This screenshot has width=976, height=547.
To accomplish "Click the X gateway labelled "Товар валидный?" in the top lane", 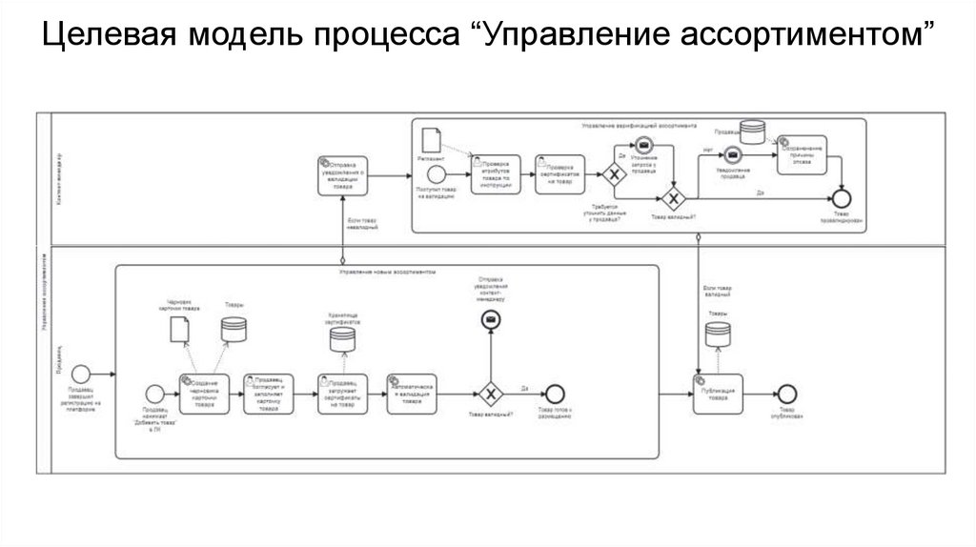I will pos(675,198).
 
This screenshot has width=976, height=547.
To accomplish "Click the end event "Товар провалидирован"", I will pos(841,198).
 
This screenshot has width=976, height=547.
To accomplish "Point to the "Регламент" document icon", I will pos(430,139).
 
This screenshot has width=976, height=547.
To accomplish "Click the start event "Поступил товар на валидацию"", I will pos(437,175).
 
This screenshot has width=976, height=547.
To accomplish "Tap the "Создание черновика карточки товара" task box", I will pos(204,393).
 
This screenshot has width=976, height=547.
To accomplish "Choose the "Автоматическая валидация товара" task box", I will pos(413,393).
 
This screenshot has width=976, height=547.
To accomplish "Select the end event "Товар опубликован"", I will pos(786,393).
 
